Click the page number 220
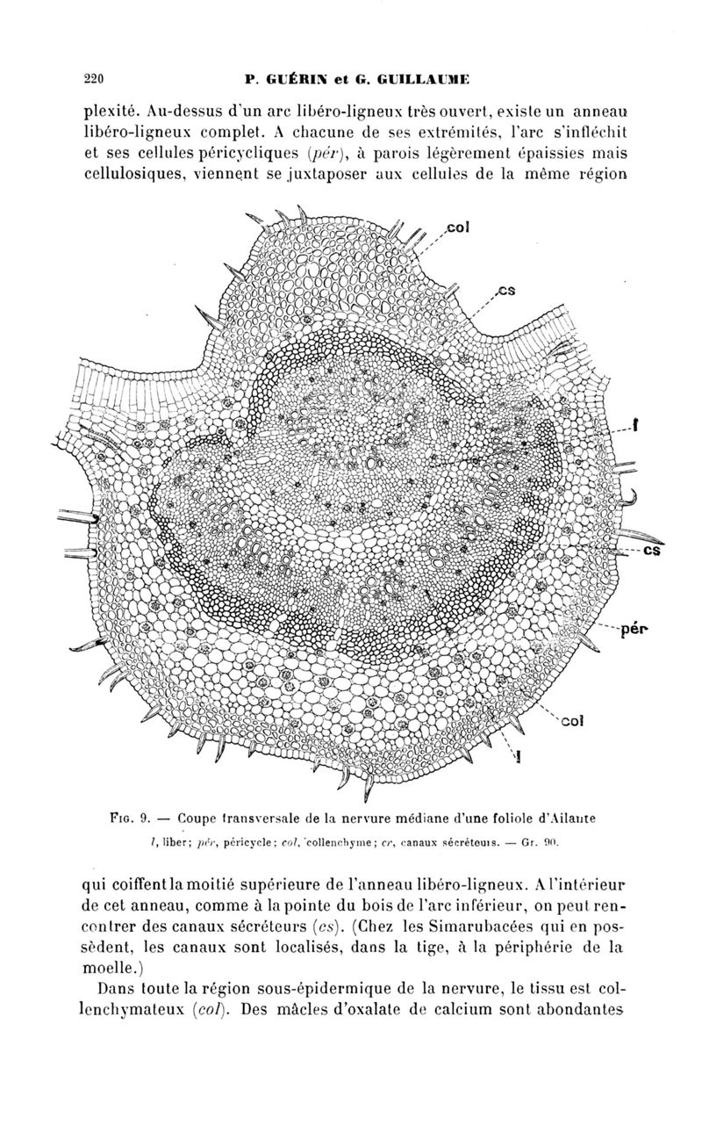coord(94,79)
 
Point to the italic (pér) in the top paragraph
coord(326,153)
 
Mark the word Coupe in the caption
coord(197,819)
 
